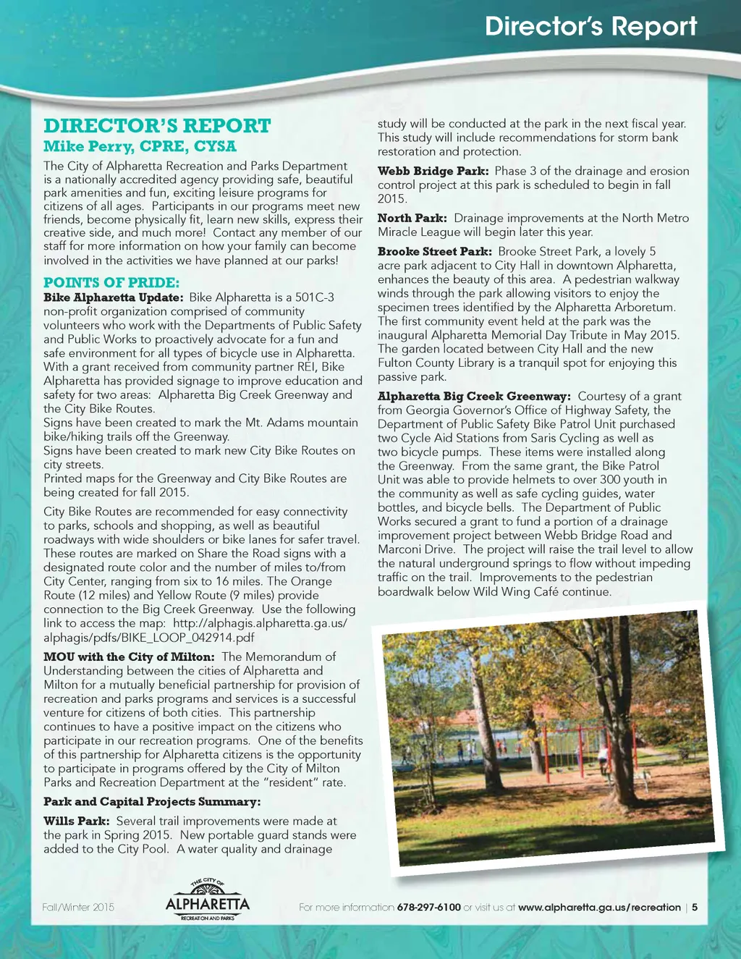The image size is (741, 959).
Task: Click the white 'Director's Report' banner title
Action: coord(590,26)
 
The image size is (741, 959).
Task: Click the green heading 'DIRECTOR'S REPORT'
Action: coord(157,126)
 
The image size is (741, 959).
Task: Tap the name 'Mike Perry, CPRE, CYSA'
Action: coord(140,146)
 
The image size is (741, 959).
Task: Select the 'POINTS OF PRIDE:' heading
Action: coord(111,282)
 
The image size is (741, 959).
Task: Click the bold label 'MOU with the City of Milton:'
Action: coord(129,657)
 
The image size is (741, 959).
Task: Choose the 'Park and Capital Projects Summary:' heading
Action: coord(152,802)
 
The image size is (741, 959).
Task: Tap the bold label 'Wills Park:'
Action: coord(77,821)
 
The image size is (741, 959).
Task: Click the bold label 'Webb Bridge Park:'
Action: coord(433,172)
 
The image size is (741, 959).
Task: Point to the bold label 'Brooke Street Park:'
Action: coord(434,252)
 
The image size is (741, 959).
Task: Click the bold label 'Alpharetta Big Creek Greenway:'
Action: coord(474,397)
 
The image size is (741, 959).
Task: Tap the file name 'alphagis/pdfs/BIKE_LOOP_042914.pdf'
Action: coord(149,638)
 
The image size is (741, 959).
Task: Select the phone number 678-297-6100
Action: coord(428,908)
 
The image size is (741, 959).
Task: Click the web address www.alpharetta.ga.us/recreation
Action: coord(599,908)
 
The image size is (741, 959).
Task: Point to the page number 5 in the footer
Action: coord(695,908)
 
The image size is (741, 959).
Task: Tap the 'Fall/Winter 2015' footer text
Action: coord(78,908)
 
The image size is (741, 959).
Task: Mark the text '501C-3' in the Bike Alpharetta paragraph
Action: coord(315,297)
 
